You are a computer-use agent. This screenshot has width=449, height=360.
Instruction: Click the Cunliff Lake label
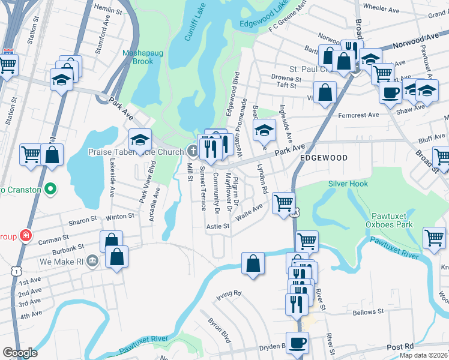195,27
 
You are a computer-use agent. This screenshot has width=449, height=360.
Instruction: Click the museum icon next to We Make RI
91,260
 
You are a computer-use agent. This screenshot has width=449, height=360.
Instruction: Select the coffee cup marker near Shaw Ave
390,92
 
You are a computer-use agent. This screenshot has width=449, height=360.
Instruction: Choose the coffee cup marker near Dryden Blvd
297,343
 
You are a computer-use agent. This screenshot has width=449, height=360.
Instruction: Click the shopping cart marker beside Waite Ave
283,202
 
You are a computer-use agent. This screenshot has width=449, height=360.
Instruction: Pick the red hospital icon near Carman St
25,235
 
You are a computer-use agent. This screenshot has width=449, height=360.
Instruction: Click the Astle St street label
218,226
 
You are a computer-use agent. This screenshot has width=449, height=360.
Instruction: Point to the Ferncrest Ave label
359,115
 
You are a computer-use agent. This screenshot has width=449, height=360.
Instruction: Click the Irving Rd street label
229,293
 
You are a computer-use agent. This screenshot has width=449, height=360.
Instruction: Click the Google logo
20,353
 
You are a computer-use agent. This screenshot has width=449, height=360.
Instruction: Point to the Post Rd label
400,347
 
